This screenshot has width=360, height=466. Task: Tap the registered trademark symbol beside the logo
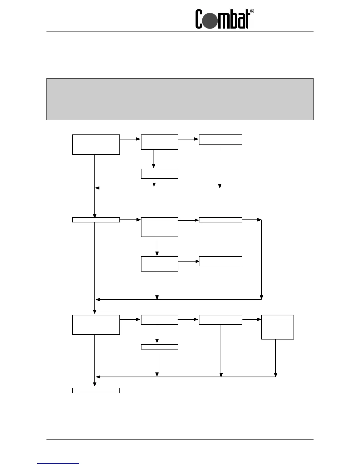tap(252, 11)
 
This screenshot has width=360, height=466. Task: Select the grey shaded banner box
tap(180, 99)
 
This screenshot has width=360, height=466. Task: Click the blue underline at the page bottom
tap(58, 463)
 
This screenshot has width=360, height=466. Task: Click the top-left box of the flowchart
tap(96, 144)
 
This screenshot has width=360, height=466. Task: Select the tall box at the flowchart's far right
tap(277, 327)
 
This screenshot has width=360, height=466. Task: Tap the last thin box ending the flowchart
tap(96, 390)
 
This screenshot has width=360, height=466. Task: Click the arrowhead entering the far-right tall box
tap(259, 319)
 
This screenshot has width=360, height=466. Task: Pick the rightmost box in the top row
tap(220, 140)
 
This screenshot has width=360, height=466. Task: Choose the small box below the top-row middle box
tap(159, 174)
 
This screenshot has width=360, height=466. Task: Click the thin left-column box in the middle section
tap(96, 219)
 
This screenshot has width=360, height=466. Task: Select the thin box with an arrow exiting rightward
tap(220, 219)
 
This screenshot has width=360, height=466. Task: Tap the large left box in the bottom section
tap(96, 325)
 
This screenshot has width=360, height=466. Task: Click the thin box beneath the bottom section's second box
tap(159, 347)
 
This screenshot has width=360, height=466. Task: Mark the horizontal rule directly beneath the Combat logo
tap(180, 31)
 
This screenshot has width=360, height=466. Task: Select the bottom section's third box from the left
tap(220, 320)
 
